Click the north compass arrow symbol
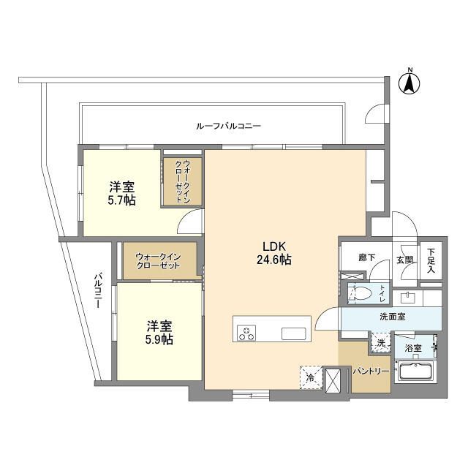coord(409,84)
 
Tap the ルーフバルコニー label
coord(228,126)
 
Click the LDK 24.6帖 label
coord(274,254)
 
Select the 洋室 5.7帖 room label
coord(122,194)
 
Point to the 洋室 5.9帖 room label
coord(159,333)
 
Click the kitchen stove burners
coord(246,333)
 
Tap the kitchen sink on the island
coord(294,333)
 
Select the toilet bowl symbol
coord(361,294)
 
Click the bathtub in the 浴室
coord(415,371)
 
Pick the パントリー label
coord(371,371)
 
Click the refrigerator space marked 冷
coord(311,378)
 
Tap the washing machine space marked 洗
coord(380,343)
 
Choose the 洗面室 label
coord(393,317)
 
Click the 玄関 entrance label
coord(404,260)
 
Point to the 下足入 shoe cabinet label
coord(431,260)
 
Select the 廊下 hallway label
coord(367,257)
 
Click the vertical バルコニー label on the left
coord(97,290)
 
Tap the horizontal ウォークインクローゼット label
coord(158,261)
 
